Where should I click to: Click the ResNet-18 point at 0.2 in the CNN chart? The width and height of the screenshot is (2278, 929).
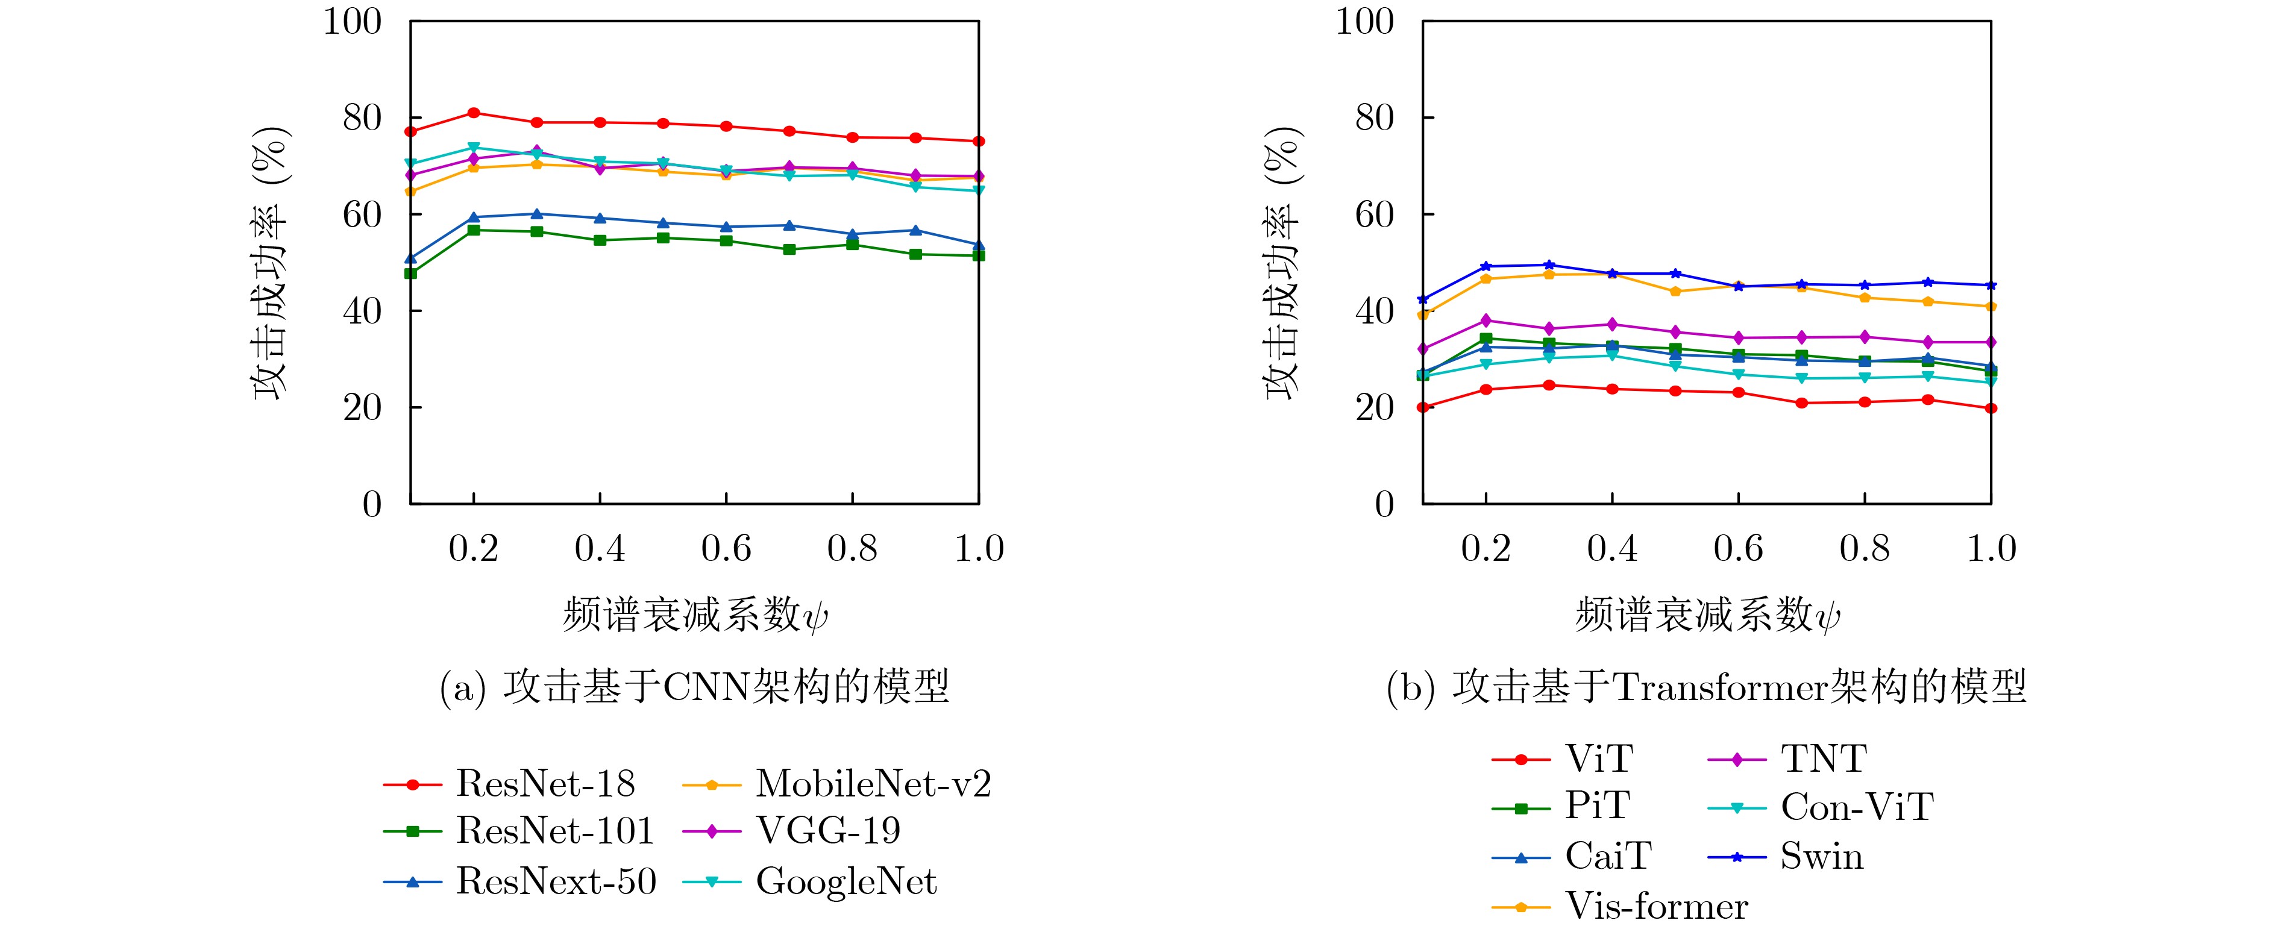click(474, 112)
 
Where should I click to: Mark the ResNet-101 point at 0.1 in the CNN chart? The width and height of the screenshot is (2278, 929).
click(410, 273)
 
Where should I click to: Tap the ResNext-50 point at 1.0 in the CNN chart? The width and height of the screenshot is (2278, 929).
click(979, 245)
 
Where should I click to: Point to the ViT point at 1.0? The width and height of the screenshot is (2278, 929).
click(1991, 408)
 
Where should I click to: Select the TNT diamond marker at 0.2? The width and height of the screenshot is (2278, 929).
click(1486, 320)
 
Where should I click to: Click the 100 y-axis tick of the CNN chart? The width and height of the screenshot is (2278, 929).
click(352, 21)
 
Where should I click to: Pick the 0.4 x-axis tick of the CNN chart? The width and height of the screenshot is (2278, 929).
click(600, 549)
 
